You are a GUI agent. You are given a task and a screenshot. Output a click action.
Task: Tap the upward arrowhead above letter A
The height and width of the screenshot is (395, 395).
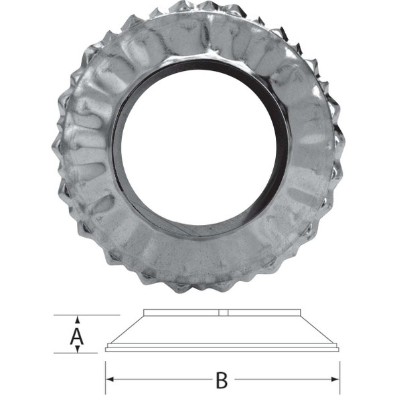(x=78, y=319)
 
